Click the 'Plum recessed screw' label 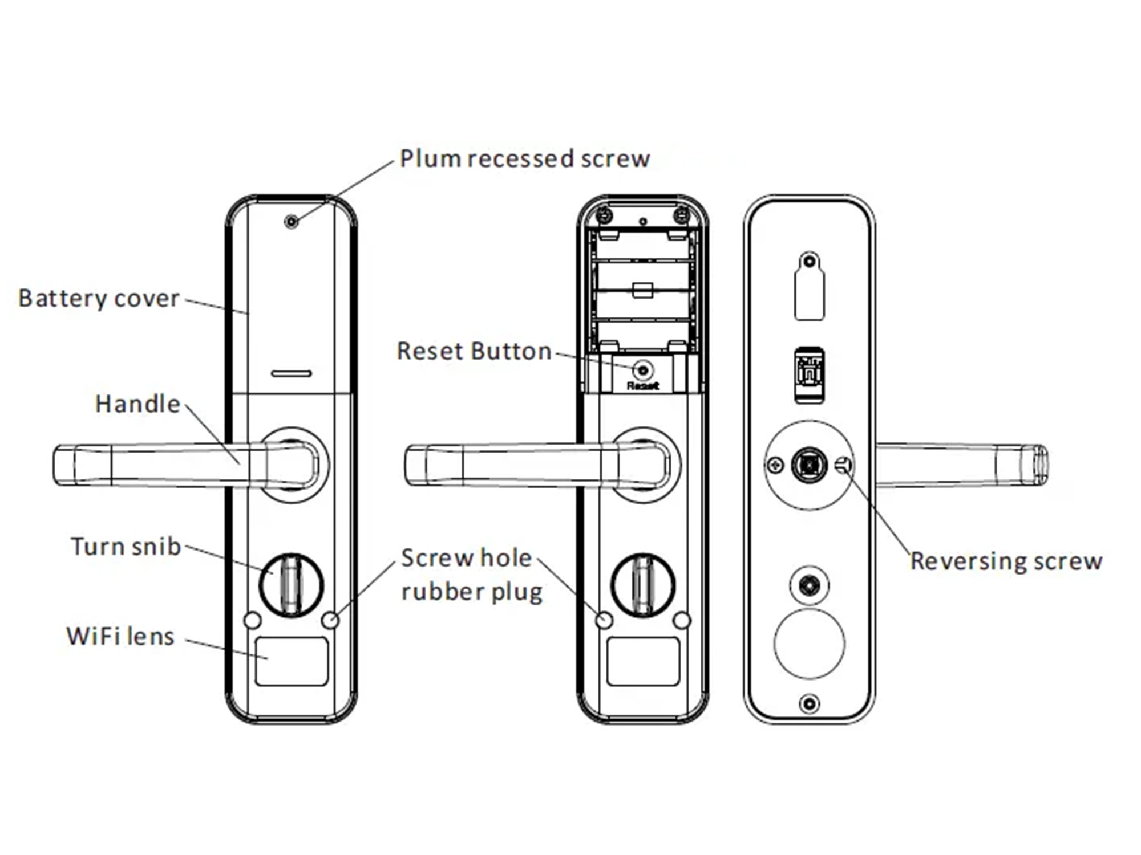[525, 158]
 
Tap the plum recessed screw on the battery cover [292, 221]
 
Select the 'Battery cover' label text [99, 298]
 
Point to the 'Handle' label [137, 404]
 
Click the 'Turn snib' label [126, 546]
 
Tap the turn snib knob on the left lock [292, 585]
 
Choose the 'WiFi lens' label [120, 636]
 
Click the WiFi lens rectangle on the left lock [292, 661]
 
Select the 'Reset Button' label [474, 351]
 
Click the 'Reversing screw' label [1006, 561]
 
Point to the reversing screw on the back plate [843, 465]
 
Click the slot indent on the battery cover [292, 373]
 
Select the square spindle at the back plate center [809, 465]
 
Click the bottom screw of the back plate [809, 703]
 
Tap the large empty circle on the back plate [809, 644]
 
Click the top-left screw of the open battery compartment [605, 215]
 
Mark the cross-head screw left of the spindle [775, 465]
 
